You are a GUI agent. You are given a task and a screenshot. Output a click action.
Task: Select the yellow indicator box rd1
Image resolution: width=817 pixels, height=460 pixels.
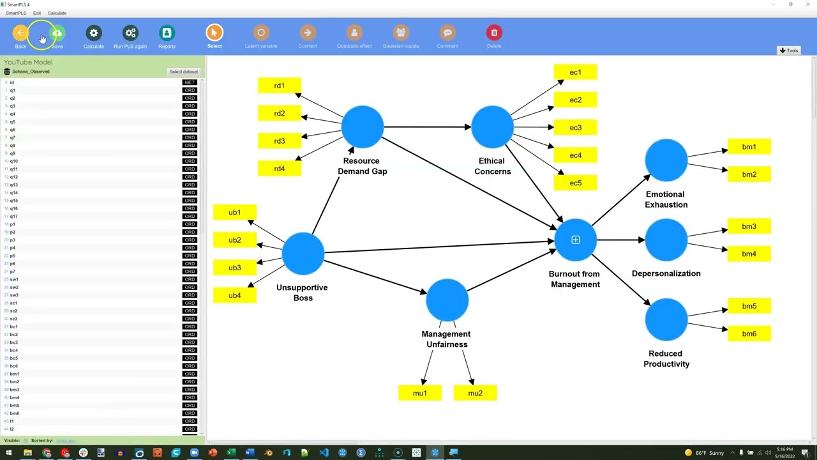[280, 86]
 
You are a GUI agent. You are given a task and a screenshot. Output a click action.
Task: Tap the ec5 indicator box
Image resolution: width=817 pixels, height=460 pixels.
[576, 183]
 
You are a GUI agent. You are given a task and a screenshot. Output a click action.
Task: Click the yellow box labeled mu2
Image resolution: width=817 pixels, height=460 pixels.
[475, 393]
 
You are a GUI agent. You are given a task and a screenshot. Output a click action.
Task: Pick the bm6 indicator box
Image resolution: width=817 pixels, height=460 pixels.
[749, 333]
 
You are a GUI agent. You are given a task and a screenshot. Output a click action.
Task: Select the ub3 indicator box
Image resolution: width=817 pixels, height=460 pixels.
[235, 268]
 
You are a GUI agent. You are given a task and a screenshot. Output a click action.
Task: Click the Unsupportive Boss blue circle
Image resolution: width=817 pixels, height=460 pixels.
[303, 254]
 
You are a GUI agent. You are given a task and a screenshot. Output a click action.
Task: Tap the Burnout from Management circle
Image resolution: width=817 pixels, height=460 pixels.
[575, 240]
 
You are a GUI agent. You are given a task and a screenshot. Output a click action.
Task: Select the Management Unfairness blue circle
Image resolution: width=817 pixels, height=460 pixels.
[447, 300]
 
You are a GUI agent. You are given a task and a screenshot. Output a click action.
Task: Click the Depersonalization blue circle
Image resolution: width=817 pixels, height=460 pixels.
[666, 240]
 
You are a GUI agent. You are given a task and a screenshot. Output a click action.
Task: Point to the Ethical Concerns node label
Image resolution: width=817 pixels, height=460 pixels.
[492, 166]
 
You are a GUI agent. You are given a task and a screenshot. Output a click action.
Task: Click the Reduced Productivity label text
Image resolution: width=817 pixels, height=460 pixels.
[666, 358]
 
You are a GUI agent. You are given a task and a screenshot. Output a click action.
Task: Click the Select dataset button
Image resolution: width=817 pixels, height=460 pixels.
[183, 72]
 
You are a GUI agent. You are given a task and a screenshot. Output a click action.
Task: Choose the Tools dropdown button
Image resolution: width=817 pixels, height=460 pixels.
[789, 50]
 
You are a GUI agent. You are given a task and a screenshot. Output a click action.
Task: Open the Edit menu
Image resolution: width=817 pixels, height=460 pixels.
[37, 13]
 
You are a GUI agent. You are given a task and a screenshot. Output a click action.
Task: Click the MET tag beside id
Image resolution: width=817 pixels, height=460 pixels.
[190, 82]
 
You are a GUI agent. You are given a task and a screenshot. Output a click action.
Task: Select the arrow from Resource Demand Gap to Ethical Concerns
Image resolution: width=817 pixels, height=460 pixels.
[428, 127]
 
